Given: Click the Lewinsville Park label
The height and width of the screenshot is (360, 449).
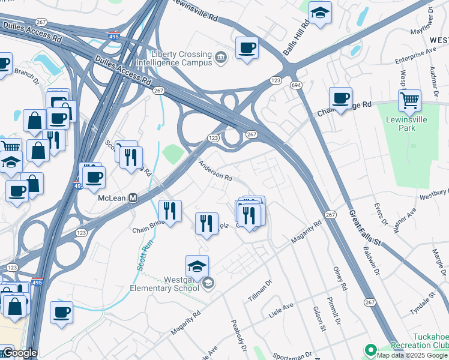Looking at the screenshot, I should tap(409, 124).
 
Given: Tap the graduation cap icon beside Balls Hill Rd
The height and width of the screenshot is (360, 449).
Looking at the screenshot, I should tap(320, 13).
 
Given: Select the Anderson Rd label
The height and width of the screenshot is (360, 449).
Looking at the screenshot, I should tap(215, 173).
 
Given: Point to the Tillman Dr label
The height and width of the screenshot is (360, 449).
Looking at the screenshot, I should tap(260, 289).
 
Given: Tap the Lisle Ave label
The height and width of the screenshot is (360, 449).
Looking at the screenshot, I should tap(281, 310).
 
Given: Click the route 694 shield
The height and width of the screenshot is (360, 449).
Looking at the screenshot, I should tap(296, 86).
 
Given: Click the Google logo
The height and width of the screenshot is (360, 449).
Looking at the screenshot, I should tap(19, 353).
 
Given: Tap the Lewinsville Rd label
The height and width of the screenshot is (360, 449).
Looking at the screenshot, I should tap(193, 11).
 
